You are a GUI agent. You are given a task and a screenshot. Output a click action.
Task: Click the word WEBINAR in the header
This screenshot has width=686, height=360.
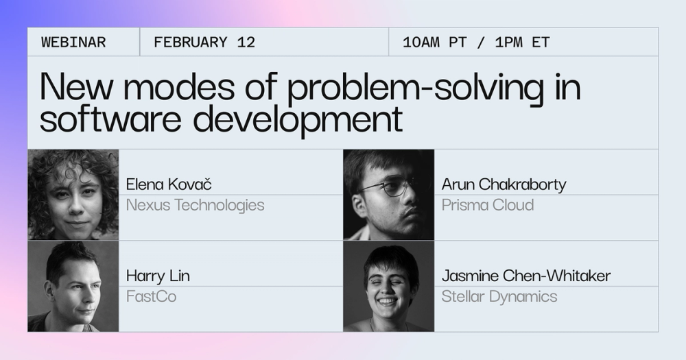[x=73, y=43]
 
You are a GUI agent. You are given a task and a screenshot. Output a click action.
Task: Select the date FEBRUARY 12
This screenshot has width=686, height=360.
[x=204, y=43]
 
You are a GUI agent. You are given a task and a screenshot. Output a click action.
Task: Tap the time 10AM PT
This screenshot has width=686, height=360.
[x=435, y=43]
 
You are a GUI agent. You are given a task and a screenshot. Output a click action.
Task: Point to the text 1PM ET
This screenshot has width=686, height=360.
[x=522, y=43]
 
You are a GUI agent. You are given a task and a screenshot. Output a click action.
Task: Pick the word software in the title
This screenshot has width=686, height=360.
[x=110, y=119]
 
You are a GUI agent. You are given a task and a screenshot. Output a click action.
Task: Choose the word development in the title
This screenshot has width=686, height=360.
[x=298, y=119]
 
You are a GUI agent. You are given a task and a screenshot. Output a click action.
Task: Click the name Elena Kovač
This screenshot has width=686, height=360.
[x=169, y=184]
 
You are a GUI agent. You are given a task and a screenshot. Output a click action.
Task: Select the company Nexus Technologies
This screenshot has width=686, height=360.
[x=195, y=205]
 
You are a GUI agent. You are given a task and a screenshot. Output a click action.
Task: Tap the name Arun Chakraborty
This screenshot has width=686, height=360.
[x=504, y=184]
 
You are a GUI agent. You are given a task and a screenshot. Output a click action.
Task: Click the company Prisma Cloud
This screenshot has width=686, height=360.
[x=488, y=205]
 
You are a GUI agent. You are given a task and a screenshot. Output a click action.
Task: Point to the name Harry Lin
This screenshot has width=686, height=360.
[x=158, y=276]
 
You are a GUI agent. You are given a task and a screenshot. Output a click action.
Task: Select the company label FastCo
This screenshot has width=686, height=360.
[x=152, y=296]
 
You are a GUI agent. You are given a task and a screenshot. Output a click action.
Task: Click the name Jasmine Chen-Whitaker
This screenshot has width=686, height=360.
[x=526, y=276]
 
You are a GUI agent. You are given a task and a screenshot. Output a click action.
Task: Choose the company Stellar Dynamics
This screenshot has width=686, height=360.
[x=499, y=297]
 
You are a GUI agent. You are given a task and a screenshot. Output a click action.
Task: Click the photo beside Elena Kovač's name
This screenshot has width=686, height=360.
[x=73, y=195]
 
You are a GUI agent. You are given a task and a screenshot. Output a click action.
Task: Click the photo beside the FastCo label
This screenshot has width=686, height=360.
[x=73, y=286]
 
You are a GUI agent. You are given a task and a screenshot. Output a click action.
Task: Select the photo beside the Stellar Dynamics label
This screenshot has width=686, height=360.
[x=388, y=286]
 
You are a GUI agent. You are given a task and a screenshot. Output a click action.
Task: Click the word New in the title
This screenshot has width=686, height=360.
[x=76, y=86]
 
